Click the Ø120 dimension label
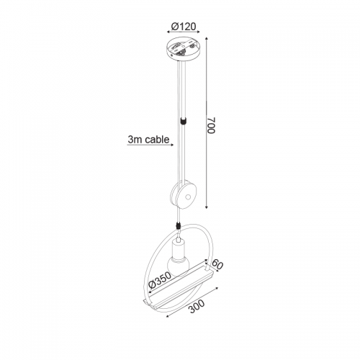coord(184,27)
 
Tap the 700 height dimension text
coord(211,125)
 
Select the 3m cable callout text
coord(148,140)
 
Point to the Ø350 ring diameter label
coord(160,280)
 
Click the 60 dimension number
coord(217,265)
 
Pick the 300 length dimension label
coord(197,307)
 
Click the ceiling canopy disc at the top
coord(183,50)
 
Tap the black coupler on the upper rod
coord(184,120)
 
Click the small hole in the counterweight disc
coord(187,197)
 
